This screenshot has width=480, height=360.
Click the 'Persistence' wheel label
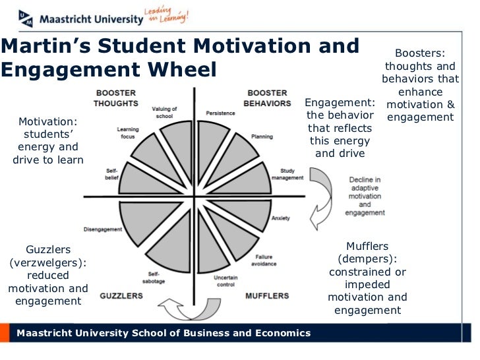pos(220,113)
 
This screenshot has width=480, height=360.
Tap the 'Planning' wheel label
pos(262,136)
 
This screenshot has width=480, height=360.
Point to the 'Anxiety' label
pos(280,218)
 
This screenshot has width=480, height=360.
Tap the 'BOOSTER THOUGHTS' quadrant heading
pos(116,98)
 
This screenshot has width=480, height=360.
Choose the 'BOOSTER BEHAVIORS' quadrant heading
pos(267,98)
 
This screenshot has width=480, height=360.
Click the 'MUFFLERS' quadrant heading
pos(267,295)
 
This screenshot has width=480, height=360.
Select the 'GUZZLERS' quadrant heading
pos(121,295)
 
